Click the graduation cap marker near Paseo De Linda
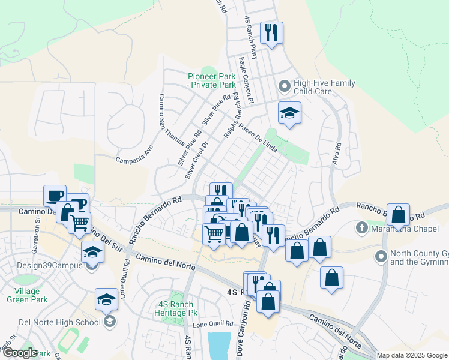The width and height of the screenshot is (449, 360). [289, 113]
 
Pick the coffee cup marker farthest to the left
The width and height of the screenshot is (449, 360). [55, 196]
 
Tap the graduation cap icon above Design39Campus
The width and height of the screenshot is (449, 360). [92, 252]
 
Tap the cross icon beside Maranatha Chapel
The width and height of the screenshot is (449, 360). [361, 228]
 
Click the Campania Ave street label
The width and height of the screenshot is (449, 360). [135, 155]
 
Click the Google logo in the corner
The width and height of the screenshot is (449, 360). [19, 353]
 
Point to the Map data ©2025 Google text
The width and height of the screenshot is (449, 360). [411, 355]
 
